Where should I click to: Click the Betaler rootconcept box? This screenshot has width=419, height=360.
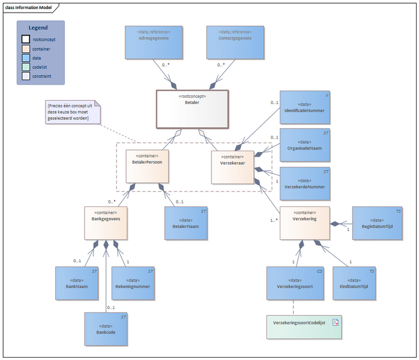192,109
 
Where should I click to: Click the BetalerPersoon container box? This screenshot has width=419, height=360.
147,166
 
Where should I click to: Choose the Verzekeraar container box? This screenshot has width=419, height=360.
232,166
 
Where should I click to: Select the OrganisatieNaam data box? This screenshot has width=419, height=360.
305,145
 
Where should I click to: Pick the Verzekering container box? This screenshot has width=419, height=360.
305,223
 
